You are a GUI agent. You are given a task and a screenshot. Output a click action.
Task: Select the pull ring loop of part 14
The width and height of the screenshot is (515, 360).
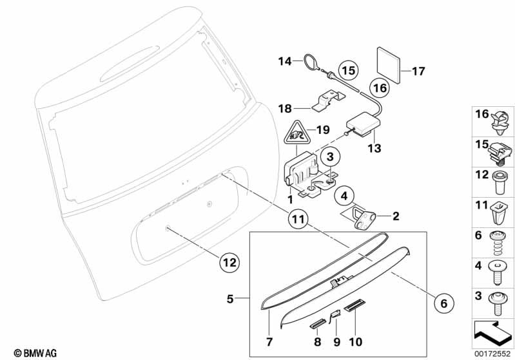coord(312,63)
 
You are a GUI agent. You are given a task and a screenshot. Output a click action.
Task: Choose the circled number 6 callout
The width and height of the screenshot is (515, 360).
coord(443,301)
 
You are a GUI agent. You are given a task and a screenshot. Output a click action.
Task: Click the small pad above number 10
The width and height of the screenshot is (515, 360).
coord(356,307)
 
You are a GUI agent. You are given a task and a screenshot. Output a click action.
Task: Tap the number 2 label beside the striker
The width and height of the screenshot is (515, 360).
coord(395,216)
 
